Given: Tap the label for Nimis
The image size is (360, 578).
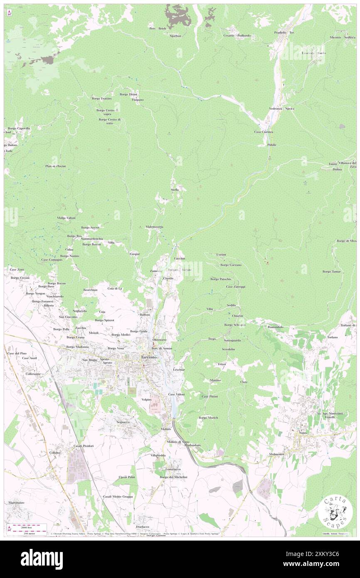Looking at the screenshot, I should tap(302, 433).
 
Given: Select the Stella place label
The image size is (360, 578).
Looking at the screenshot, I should tap(175, 190).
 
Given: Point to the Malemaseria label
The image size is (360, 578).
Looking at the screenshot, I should tap(154, 227).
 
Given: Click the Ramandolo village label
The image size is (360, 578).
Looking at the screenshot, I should tap(276, 327).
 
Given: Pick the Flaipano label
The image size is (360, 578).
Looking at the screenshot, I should tap(138, 100).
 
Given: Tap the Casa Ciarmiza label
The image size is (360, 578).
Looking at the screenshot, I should tap(264, 132).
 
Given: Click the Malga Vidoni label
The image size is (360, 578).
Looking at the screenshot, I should tap(66, 218).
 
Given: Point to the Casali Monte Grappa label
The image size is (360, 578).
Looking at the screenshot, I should tap(118, 496).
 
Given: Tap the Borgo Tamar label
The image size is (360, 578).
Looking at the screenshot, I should tap(331, 272).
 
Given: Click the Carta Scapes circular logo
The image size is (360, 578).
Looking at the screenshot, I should tap(335, 511).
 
